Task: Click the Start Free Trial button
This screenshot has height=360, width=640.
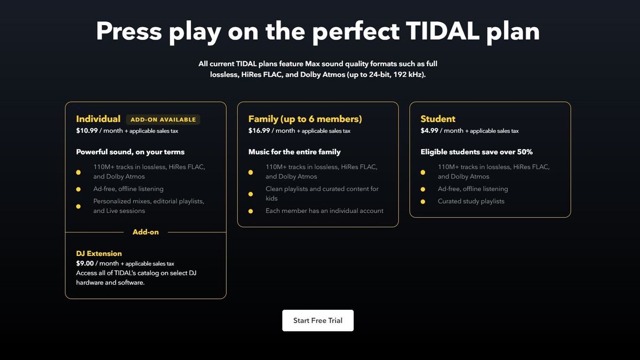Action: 317,321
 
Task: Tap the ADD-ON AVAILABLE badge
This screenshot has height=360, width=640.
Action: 163,119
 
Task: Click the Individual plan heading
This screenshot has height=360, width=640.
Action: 98,119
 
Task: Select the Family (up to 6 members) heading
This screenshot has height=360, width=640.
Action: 305,119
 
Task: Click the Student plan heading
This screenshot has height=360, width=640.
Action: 438,119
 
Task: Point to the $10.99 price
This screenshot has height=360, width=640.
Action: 87,131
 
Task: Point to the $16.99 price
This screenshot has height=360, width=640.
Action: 259,131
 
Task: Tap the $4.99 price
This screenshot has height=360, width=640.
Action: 429,131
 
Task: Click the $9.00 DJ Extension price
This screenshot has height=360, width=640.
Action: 85,263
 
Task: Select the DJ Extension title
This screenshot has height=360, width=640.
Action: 99,253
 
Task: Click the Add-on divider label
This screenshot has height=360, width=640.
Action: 146,232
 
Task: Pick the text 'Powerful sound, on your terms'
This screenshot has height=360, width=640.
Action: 130,152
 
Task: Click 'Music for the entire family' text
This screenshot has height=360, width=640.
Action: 294,152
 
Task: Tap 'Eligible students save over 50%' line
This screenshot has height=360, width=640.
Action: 476,152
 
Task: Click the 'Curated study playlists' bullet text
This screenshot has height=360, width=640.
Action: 471,201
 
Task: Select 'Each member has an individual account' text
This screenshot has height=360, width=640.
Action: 324,211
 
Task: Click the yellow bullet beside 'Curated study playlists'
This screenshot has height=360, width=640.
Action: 423,202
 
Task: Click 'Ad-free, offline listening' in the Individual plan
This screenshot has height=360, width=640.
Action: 128,189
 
